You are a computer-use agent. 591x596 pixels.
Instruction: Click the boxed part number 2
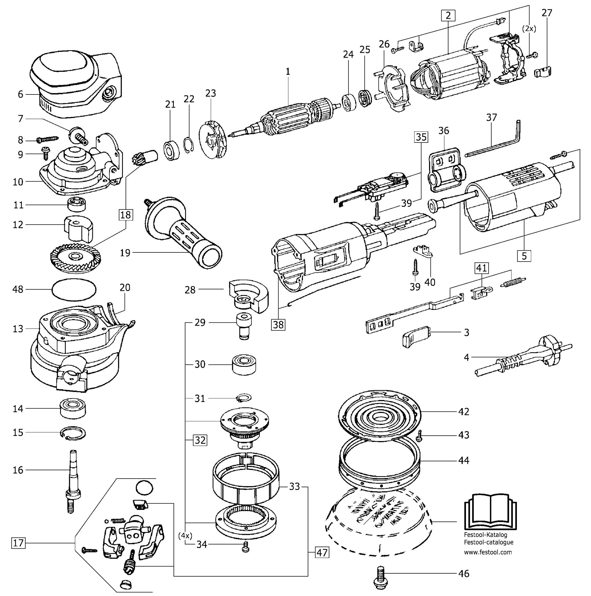448,15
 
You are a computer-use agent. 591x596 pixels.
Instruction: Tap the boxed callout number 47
322,552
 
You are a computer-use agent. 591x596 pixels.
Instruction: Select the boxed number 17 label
18,542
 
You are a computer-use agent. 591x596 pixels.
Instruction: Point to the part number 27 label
547,13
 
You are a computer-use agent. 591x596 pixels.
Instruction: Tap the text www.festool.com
488,552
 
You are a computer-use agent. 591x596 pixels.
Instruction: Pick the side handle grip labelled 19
184,233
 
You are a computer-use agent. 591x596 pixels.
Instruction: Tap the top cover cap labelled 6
76,86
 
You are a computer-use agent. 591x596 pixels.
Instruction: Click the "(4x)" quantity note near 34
185,536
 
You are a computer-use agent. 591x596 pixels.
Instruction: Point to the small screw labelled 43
419,436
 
